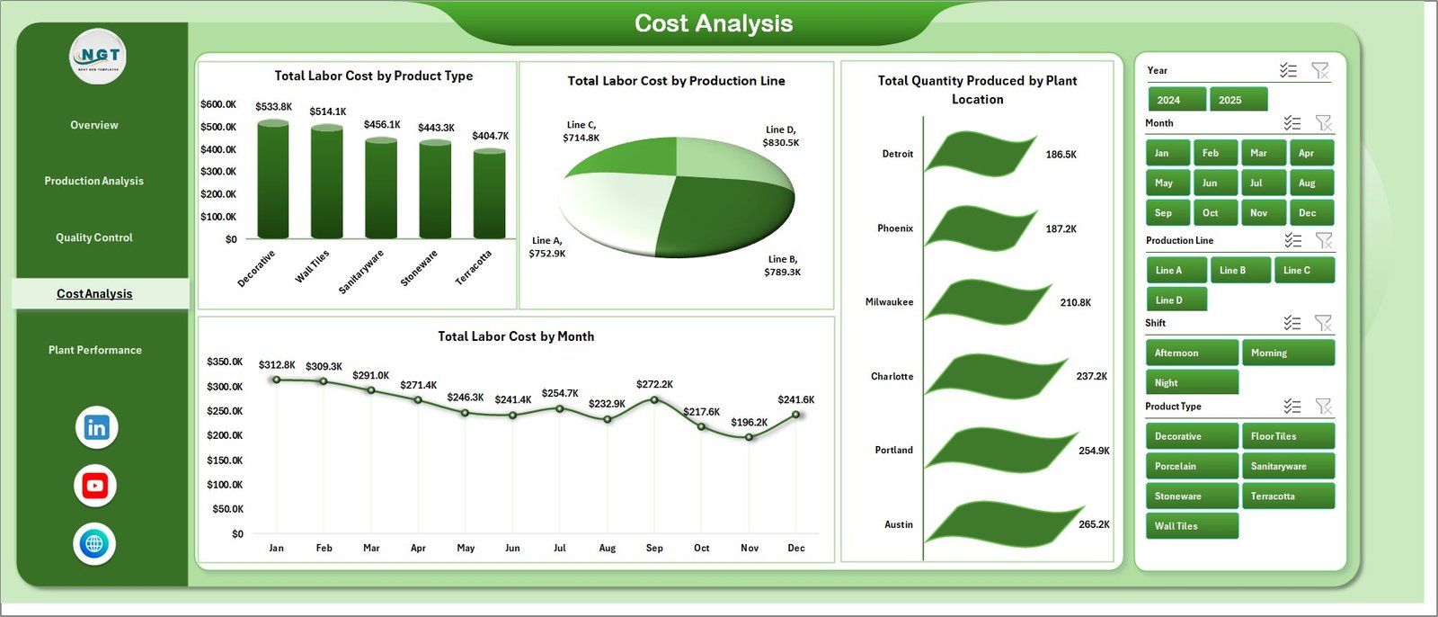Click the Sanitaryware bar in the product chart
381,189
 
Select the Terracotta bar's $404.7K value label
490,136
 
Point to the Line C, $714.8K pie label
581,131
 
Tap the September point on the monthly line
654,399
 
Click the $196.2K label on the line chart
749,422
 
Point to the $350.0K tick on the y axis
225,362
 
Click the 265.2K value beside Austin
1094,524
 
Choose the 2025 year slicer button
1238,100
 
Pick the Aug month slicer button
1310,183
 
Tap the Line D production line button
1176,300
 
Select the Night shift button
1191,382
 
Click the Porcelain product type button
1191,466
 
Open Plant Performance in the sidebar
95,350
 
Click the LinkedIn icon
96,427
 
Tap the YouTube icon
95,486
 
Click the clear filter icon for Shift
1323,323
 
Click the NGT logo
99,56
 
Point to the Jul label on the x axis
560,548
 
